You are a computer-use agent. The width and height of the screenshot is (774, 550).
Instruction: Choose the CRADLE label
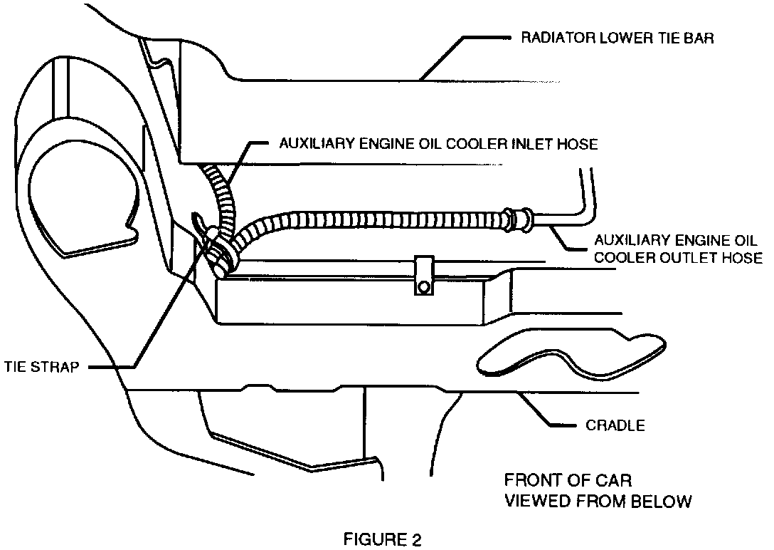(615, 426)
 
